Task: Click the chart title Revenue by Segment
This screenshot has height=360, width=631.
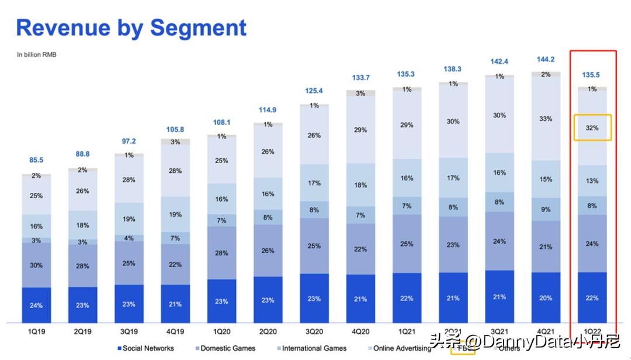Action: [x=131, y=27]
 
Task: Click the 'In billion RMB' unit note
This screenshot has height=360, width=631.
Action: [x=37, y=55]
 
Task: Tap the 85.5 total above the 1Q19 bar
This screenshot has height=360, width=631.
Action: [x=36, y=160]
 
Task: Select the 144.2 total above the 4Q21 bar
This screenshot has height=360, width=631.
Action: [x=546, y=60]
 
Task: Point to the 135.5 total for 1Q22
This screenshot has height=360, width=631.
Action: [x=592, y=75]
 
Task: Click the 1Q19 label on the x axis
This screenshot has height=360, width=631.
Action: [x=36, y=331]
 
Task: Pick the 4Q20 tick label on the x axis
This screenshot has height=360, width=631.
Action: [x=360, y=331]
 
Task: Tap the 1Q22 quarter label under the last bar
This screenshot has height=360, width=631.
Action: [x=592, y=331]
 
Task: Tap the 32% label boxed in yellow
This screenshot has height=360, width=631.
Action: [x=592, y=127]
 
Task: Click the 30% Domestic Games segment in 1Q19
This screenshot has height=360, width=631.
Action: [x=36, y=265]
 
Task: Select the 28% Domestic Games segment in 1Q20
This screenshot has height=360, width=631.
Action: [x=221, y=252]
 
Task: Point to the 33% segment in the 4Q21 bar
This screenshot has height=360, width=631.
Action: [x=546, y=119]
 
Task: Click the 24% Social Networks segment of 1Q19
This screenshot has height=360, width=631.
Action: [x=36, y=305]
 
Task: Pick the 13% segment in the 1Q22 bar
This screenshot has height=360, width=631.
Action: [x=592, y=181]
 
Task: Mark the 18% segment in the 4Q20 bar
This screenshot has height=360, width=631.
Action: [x=360, y=185]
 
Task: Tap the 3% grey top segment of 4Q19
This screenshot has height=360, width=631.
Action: [x=175, y=142]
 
